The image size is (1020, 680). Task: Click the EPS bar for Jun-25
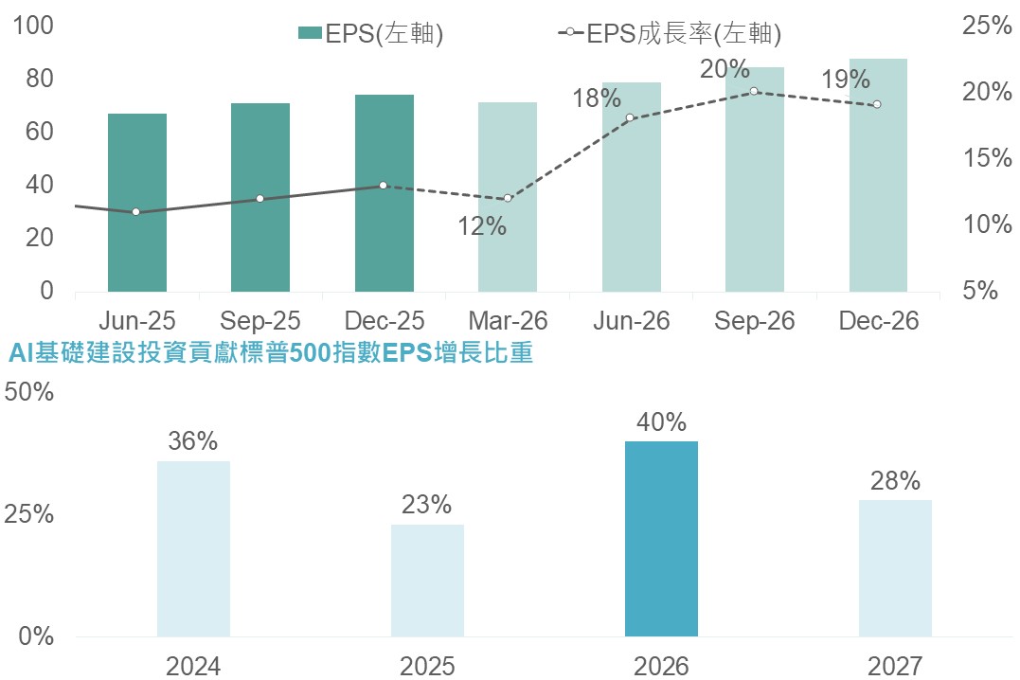click(x=137, y=203)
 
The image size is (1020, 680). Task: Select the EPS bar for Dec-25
click(x=385, y=193)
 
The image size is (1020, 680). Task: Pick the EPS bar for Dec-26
click(x=878, y=175)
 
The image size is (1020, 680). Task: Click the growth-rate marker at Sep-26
click(x=754, y=92)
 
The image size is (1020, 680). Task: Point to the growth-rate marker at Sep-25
click(x=259, y=199)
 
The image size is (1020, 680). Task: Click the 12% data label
click(x=483, y=226)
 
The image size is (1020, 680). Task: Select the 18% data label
click(x=598, y=98)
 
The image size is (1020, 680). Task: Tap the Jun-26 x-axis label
click(x=632, y=321)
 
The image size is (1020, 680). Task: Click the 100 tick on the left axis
click(x=34, y=26)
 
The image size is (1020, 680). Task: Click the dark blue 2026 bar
click(x=661, y=539)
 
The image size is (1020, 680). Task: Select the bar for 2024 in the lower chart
click(x=193, y=548)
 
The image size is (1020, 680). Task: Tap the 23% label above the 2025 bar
click(x=427, y=505)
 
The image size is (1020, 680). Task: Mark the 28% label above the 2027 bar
click(x=895, y=480)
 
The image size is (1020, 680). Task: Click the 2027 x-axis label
click(x=895, y=666)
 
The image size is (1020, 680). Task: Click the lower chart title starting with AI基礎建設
click(x=270, y=354)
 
